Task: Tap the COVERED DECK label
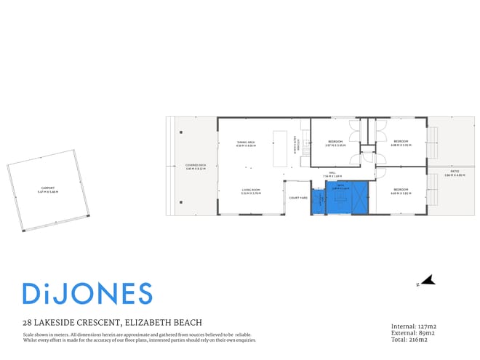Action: point(196,167)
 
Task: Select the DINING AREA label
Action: point(245,144)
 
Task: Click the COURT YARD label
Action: point(298,198)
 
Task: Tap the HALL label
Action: point(332,175)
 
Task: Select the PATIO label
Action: point(454,173)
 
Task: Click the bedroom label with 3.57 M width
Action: point(335,143)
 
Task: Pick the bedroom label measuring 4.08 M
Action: point(401,143)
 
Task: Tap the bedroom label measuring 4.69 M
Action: point(401,192)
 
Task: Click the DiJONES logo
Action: point(87,293)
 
